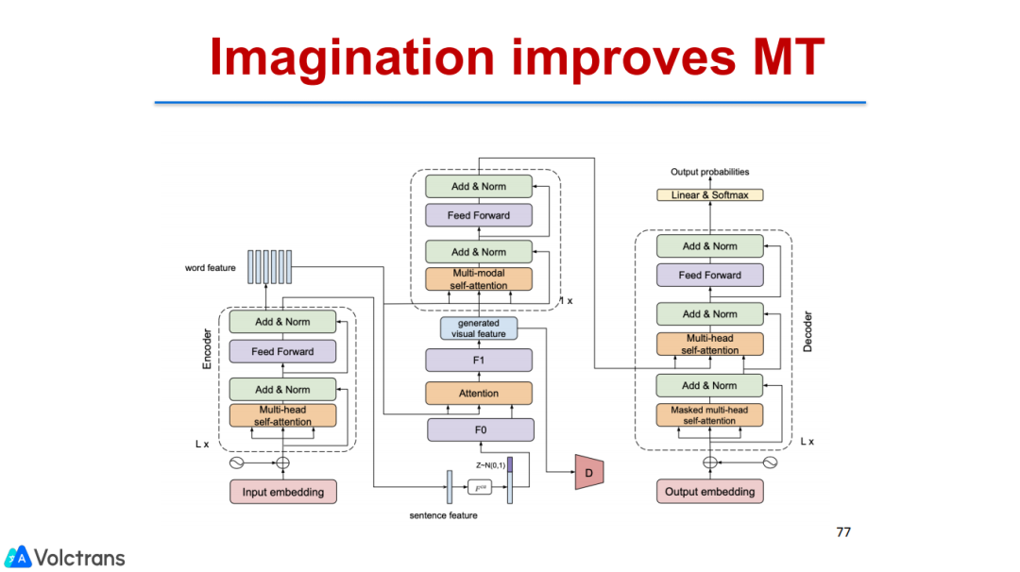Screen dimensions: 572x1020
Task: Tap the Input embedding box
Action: (x=282, y=492)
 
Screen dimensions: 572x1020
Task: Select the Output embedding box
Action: (x=710, y=492)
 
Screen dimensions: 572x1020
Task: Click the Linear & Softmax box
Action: (x=710, y=194)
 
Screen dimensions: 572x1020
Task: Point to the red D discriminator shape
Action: (x=588, y=471)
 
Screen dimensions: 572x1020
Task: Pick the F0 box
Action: (x=481, y=429)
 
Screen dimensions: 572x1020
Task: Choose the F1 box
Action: (x=481, y=360)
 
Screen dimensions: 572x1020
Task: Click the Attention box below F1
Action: (x=479, y=393)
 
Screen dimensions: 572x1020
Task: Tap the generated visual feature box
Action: (x=480, y=328)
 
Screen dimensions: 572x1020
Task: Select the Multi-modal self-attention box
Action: (x=479, y=279)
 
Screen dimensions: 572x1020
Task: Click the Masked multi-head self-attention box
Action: (x=709, y=415)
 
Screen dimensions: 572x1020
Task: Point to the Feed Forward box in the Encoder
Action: (x=282, y=351)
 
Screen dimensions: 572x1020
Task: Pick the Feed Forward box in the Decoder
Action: (x=710, y=275)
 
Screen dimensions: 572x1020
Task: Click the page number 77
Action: (x=843, y=531)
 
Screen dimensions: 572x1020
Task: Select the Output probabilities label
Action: (x=710, y=172)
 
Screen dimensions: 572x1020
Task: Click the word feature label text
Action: (x=210, y=268)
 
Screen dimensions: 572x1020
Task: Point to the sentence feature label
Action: (x=443, y=515)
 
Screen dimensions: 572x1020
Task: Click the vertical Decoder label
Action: (x=807, y=333)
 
